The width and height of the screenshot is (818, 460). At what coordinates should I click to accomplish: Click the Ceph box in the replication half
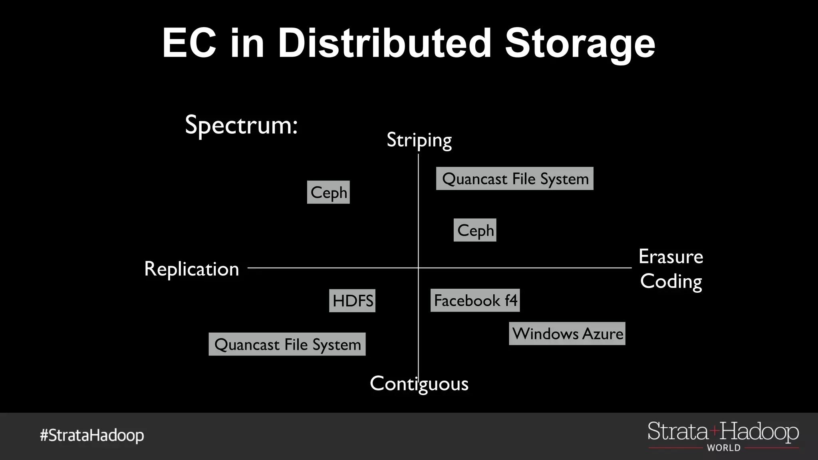tap(328, 192)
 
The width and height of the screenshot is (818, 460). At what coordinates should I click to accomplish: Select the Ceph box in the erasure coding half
tap(475, 230)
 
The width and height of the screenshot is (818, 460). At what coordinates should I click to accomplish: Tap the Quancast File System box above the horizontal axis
tap(514, 178)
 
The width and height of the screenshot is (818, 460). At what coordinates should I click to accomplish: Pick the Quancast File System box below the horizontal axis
tap(287, 344)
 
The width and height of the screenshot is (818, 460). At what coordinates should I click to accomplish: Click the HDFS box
tap(352, 301)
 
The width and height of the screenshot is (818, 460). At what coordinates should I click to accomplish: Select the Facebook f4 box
tap(475, 300)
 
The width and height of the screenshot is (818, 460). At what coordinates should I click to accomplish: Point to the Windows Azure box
tap(567, 333)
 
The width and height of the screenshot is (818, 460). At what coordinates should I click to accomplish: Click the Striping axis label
tap(419, 140)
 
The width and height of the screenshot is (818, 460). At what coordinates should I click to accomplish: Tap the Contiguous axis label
tap(419, 384)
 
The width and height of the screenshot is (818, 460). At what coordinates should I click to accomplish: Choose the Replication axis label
tap(191, 269)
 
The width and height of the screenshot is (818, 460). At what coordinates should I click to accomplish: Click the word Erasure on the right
tap(671, 256)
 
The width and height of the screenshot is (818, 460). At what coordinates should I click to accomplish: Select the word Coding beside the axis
tap(671, 282)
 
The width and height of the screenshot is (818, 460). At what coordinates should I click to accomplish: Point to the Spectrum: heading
tap(241, 125)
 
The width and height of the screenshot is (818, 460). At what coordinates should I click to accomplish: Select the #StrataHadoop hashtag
tap(92, 435)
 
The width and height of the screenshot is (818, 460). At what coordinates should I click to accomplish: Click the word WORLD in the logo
tap(723, 448)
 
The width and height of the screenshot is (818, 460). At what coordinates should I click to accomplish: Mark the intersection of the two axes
tap(418, 268)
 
